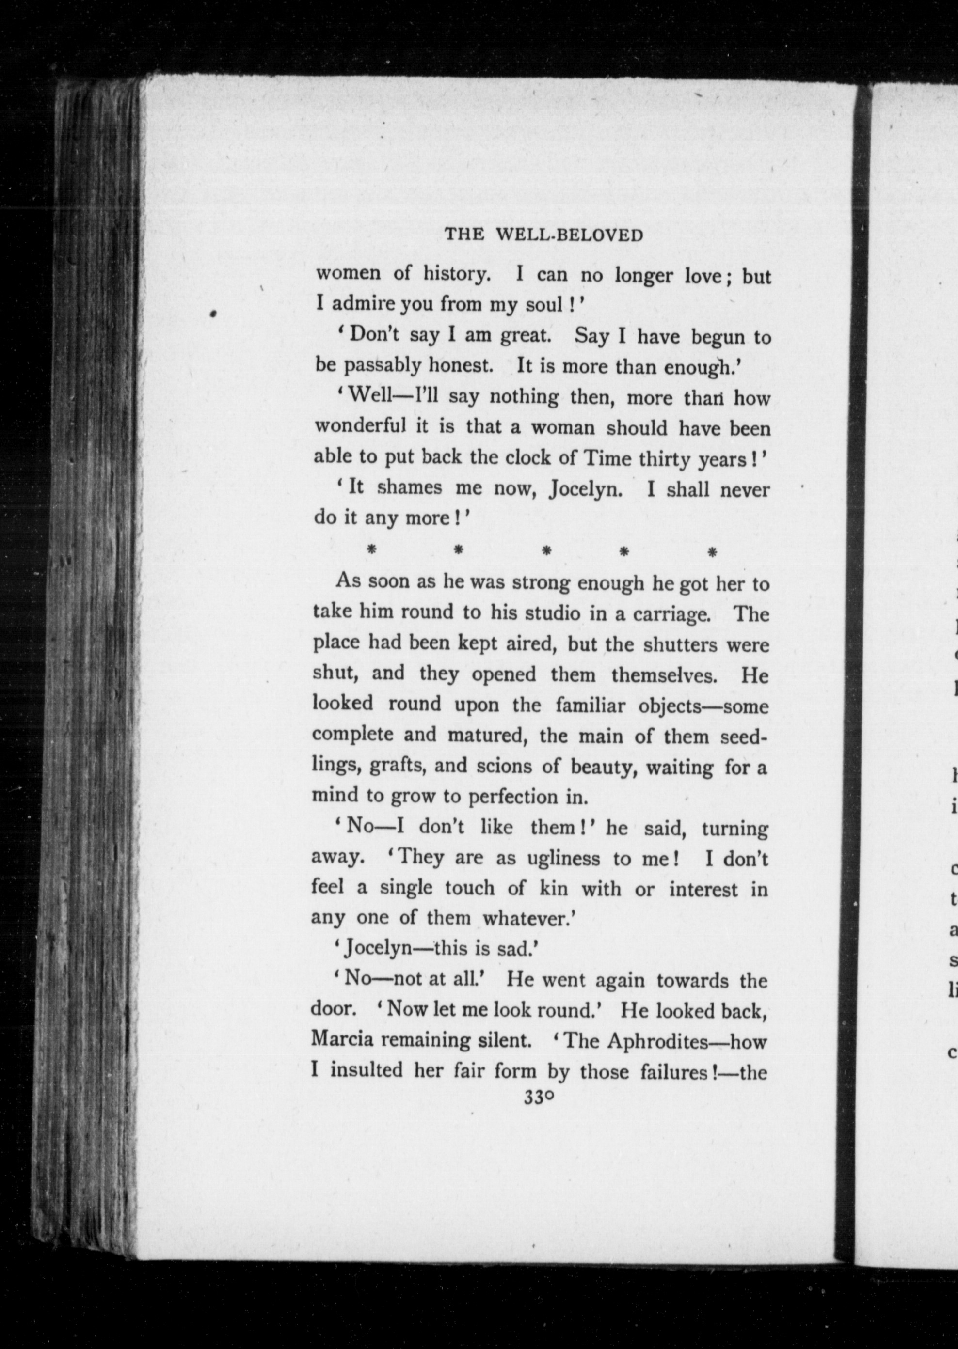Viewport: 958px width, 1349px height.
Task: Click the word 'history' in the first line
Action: click(457, 274)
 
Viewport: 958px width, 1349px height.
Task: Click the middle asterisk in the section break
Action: click(546, 551)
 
